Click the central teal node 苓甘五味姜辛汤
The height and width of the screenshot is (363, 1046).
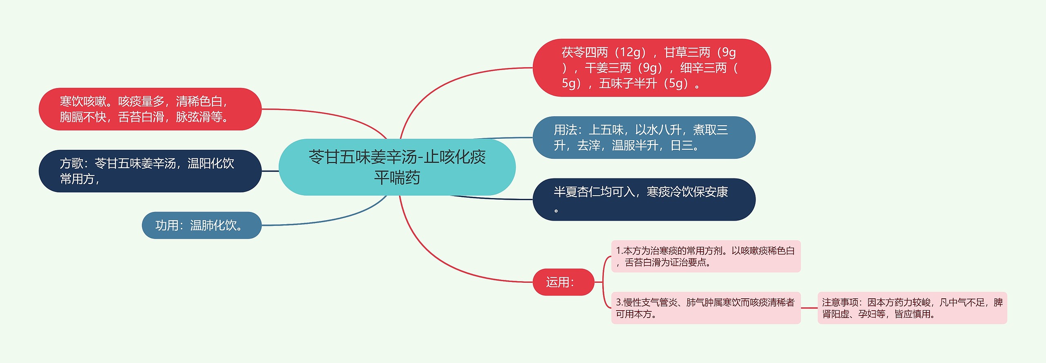click(x=397, y=167)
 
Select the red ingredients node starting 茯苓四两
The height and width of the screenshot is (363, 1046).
click(x=651, y=68)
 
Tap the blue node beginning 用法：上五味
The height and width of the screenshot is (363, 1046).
click(x=644, y=138)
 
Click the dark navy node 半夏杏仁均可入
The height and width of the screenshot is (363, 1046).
click(x=644, y=199)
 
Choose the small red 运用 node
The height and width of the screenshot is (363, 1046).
click(x=563, y=282)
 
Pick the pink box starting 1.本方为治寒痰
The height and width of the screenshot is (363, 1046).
click(x=705, y=256)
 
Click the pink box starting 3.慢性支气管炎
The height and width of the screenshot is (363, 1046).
click(x=705, y=308)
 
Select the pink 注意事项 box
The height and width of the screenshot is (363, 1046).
click(x=912, y=308)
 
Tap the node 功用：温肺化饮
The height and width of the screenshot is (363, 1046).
click(x=201, y=225)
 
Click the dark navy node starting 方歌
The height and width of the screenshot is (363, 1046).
click(x=150, y=171)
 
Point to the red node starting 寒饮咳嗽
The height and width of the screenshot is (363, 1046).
click(x=150, y=109)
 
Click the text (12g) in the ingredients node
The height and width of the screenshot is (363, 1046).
click(x=631, y=52)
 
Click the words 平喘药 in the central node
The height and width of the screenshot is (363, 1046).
click(x=397, y=178)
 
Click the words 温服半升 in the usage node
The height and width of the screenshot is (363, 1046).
click(x=635, y=145)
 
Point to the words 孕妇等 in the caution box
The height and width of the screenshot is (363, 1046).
click(x=872, y=314)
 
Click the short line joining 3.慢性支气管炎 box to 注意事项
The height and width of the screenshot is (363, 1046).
click(x=809, y=308)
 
